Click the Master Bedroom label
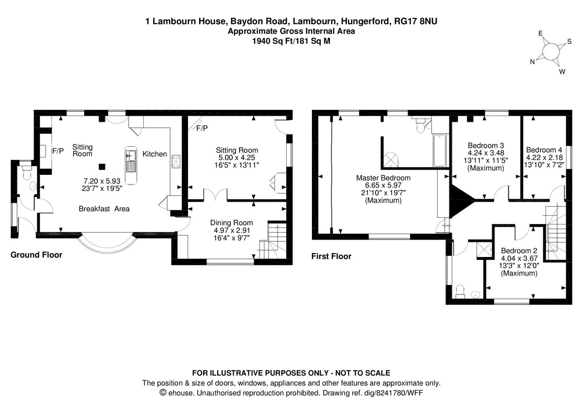tap(384, 178)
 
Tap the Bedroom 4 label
tap(544, 150)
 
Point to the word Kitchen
tap(154, 154)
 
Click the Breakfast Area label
tap(104, 209)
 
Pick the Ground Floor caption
tap(36, 255)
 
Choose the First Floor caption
tap(331, 256)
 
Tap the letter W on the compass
tap(562, 72)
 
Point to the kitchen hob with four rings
tap(175, 161)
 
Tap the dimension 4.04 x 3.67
tap(519, 258)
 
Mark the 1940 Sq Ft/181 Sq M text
tap(291, 41)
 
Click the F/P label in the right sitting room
tap(202, 128)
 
